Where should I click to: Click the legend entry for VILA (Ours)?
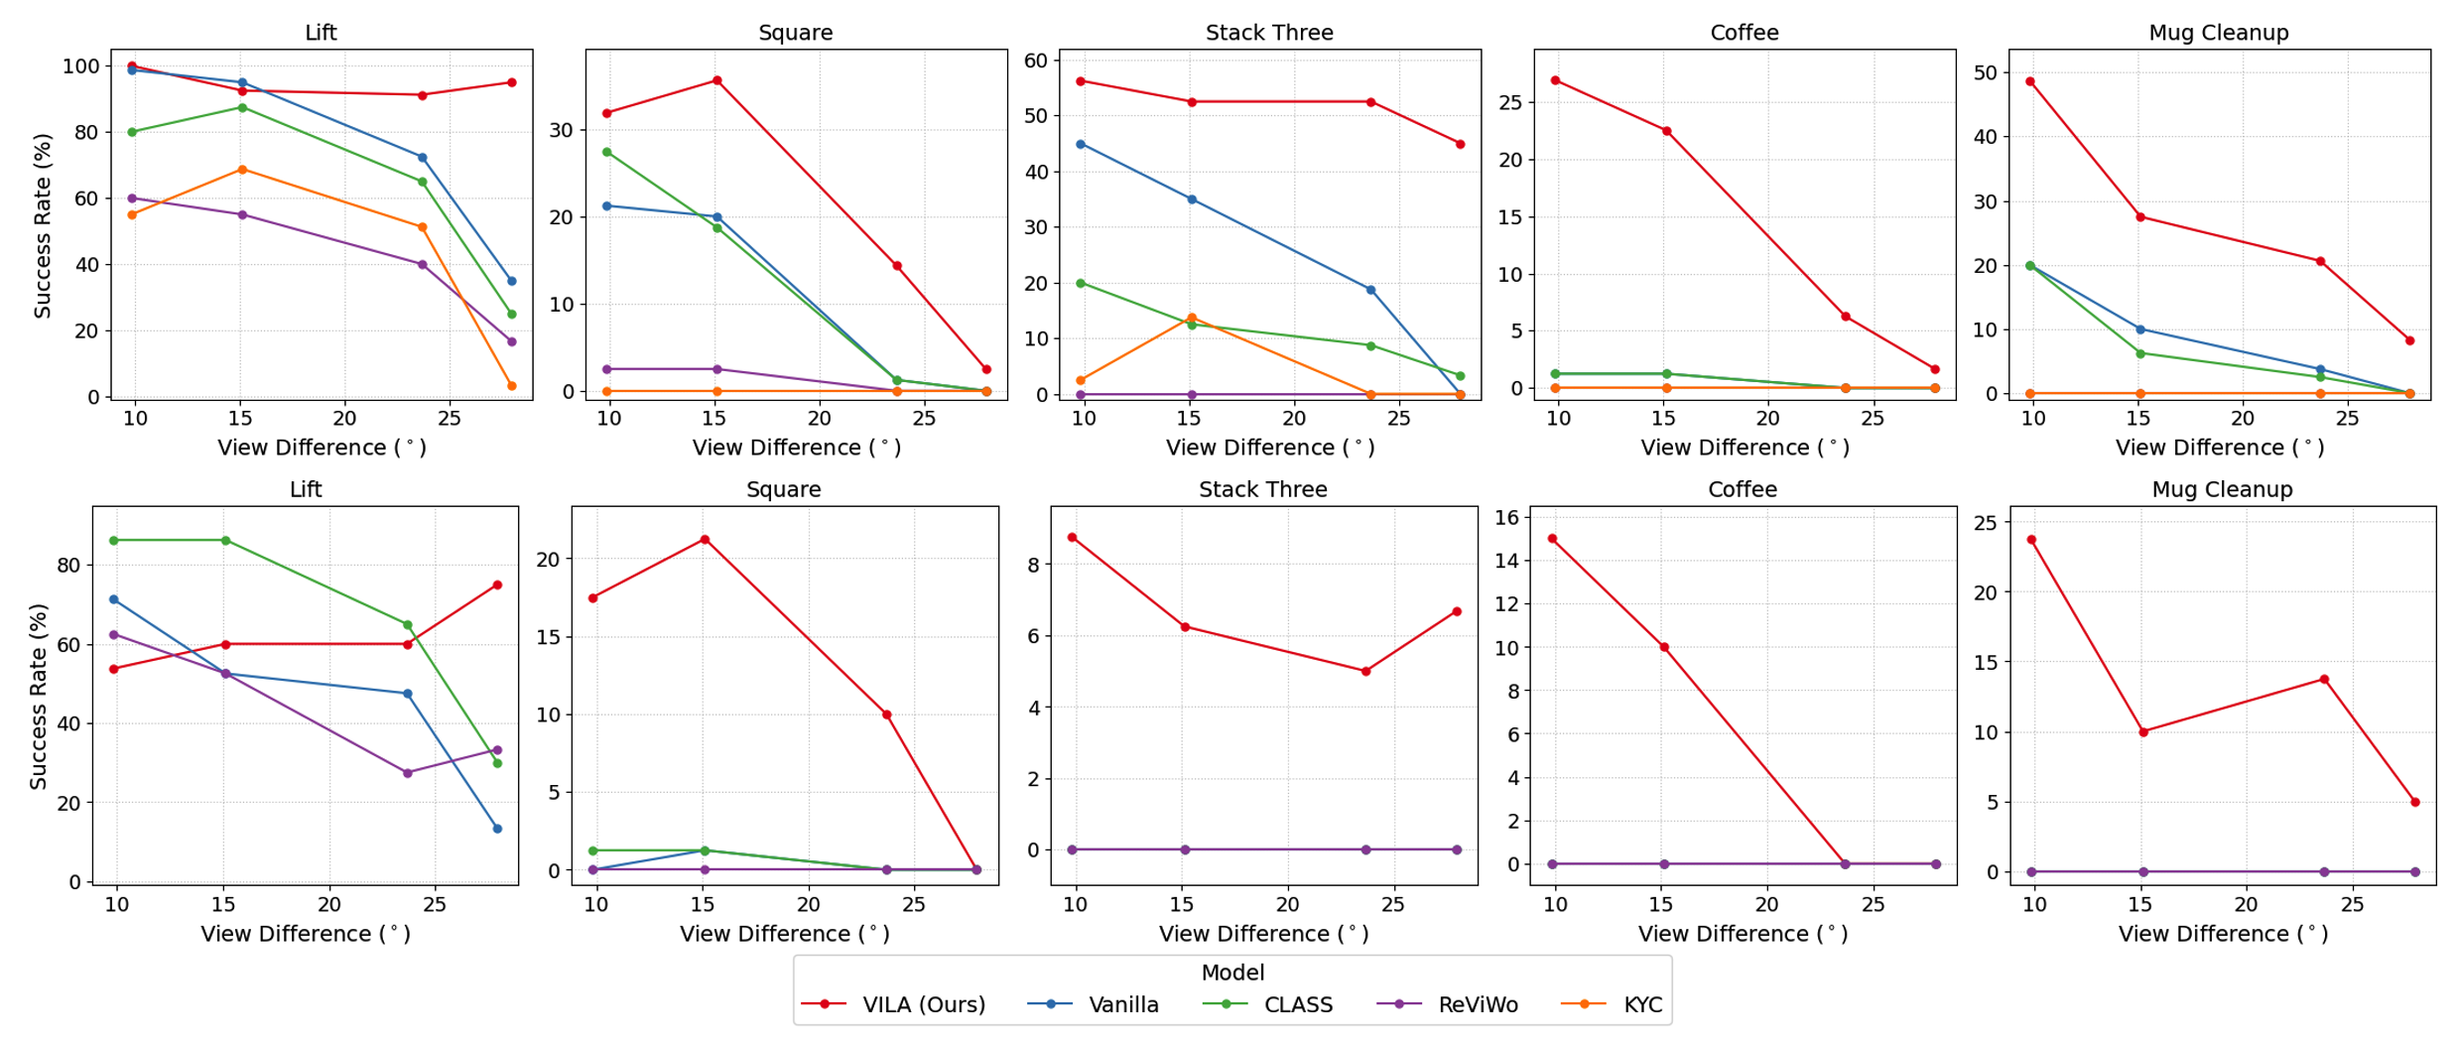pyautogui.click(x=923, y=1004)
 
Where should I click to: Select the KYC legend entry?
pyautogui.click(x=1641, y=1004)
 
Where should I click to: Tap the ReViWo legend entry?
pyautogui.click(x=1477, y=1004)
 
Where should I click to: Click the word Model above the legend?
pyautogui.click(x=1231, y=973)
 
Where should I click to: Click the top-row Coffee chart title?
pyautogui.click(x=1744, y=33)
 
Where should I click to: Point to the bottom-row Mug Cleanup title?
pyautogui.click(x=2221, y=489)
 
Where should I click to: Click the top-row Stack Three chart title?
pyautogui.click(x=1268, y=33)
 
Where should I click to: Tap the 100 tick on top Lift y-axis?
pyautogui.click(x=80, y=66)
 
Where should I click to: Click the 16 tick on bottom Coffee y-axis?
pyautogui.click(x=1506, y=517)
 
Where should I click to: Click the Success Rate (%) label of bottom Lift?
pyautogui.click(x=39, y=696)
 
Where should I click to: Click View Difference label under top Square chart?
pyautogui.click(x=796, y=448)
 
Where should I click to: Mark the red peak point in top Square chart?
pyautogui.click(x=716, y=80)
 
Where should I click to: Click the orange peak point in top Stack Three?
pyautogui.click(x=1191, y=318)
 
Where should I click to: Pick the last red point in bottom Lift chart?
pyautogui.click(x=497, y=586)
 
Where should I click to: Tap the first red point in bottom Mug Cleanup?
pyautogui.click(x=2031, y=540)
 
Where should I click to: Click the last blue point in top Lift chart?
pyautogui.click(x=511, y=281)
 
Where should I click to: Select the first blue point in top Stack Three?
pyautogui.click(x=1081, y=144)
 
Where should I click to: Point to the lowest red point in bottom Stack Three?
pyautogui.click(x=1365, y=672)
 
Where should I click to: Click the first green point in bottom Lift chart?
pyautogui.click(x=114, y=540)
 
